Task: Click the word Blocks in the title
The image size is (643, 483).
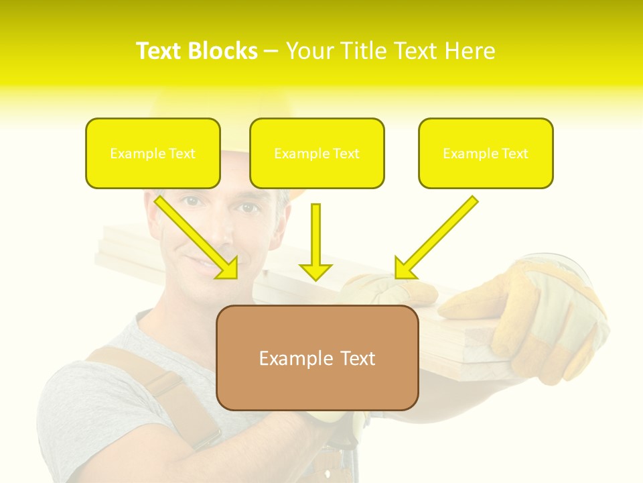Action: click(224, 51)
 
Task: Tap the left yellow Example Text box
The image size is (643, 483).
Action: click(153, 153)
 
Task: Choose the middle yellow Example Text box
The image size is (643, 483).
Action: click(317, 153)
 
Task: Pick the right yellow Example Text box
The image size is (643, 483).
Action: click(486, 153)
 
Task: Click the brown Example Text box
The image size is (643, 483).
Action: click(317, 358)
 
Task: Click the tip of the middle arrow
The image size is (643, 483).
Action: click(315, 278)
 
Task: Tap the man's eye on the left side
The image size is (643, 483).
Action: click(192, 201)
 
